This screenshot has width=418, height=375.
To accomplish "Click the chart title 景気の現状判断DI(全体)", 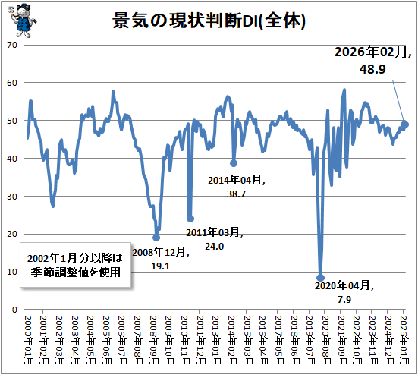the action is point(209,20).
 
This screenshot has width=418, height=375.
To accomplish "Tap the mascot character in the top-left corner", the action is point(22,20).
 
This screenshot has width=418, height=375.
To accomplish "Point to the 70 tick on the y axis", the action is point(12,45).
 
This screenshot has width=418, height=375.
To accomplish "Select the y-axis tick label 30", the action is point(12,197).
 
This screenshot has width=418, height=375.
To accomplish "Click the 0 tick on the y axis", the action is point(14,310).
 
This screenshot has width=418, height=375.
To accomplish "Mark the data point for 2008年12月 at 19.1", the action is point(156,238).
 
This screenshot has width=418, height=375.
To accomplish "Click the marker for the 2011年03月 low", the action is point(190,219).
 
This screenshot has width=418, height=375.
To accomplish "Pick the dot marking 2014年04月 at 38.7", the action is point(234,163).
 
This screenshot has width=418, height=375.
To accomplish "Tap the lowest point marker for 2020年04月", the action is point(320,278).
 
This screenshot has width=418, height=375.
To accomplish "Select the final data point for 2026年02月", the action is point(405,124).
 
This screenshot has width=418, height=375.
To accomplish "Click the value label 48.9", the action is point(372,69).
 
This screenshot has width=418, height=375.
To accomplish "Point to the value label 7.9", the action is point(344,300).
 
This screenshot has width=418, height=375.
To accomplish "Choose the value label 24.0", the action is point(215,247).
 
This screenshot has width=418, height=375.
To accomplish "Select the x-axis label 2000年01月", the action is point(29,340).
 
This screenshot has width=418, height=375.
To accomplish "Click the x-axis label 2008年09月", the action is point(154,340).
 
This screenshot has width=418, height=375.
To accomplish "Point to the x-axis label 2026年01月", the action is point(405,340).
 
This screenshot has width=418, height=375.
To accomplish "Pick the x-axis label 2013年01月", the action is point(217,340).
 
